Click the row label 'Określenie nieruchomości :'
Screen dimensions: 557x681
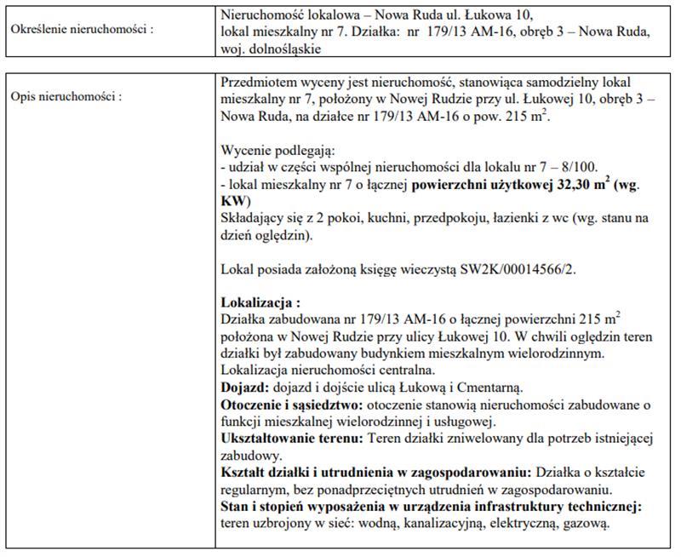click(82, 30)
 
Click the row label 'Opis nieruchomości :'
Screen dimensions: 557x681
click(66, 96)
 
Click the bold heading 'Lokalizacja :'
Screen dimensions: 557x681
click(260, 301)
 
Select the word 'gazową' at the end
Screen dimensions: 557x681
click(583, 522)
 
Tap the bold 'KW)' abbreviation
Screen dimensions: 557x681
click(235, 201)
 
